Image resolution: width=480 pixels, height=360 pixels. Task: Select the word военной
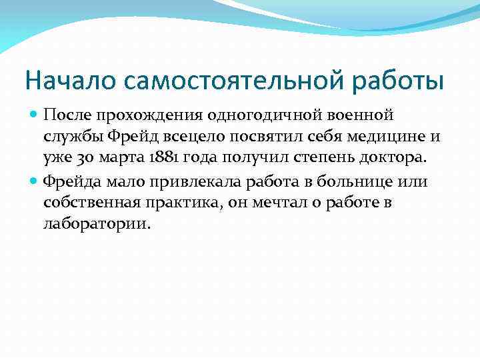click(x=356, y=116)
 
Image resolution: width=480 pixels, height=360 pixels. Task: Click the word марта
click(x=116, y=160)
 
